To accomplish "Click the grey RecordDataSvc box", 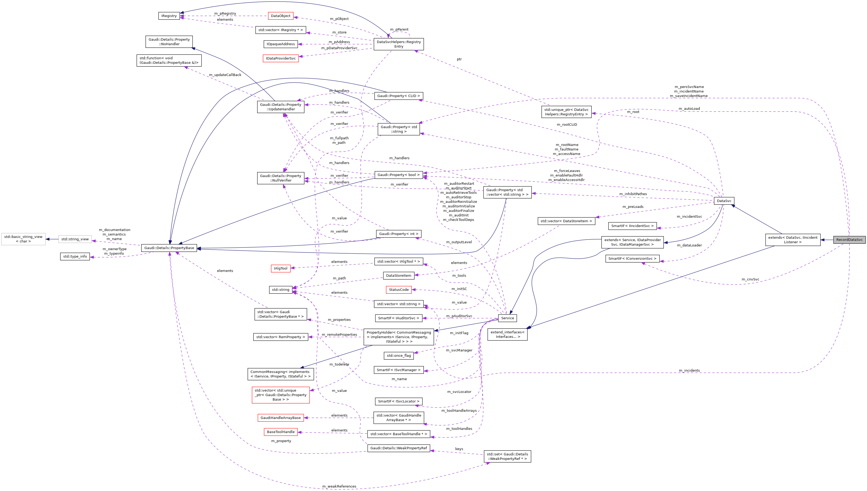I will (849, 240).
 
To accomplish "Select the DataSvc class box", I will (724, 201).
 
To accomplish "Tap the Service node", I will (507, 318).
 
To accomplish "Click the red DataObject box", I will (280, 16).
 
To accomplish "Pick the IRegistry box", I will (169, 16).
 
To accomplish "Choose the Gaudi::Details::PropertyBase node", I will (169, 248).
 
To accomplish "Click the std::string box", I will (280, 290).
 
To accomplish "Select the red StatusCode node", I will (398, 290).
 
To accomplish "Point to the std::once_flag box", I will (398, 355).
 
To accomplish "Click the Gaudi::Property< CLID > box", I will (398, 96).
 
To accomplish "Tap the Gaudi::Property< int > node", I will (398, 234).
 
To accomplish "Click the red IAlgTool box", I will (280, 268).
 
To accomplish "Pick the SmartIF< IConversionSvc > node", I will (632, 259).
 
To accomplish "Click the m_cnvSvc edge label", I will (750, 279).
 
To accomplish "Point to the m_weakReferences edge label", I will (339, 486).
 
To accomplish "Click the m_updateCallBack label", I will (225, 75).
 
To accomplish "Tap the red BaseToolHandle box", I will (280, 432).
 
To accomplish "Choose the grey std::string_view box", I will (75, 239).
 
